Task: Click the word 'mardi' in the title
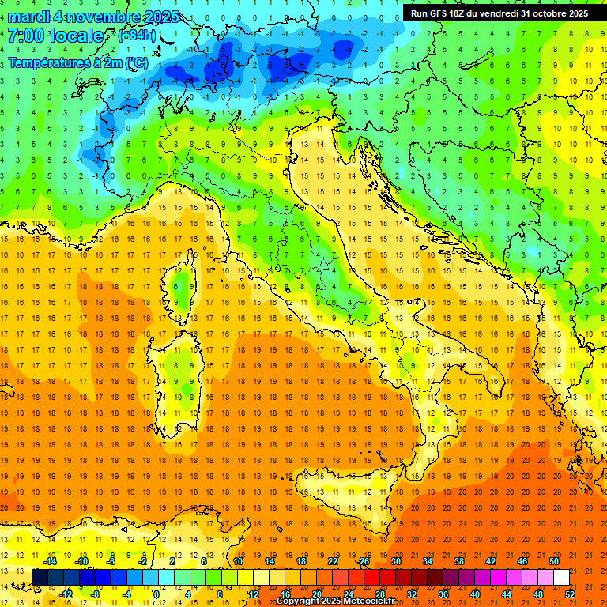(x=28, y=17)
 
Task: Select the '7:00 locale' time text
(x=55, y=36)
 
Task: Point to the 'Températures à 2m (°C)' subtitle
(x=77, y=62)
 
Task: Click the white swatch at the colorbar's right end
(x=561, y=577)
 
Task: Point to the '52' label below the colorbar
(x=571, y=594)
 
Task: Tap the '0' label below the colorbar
(x=156, y=594)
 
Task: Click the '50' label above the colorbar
(x=554, y=561)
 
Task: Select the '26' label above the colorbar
(x=364, y=561)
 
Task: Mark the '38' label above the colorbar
(x=459, y=561)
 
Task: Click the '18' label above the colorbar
(x=300, y=561)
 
